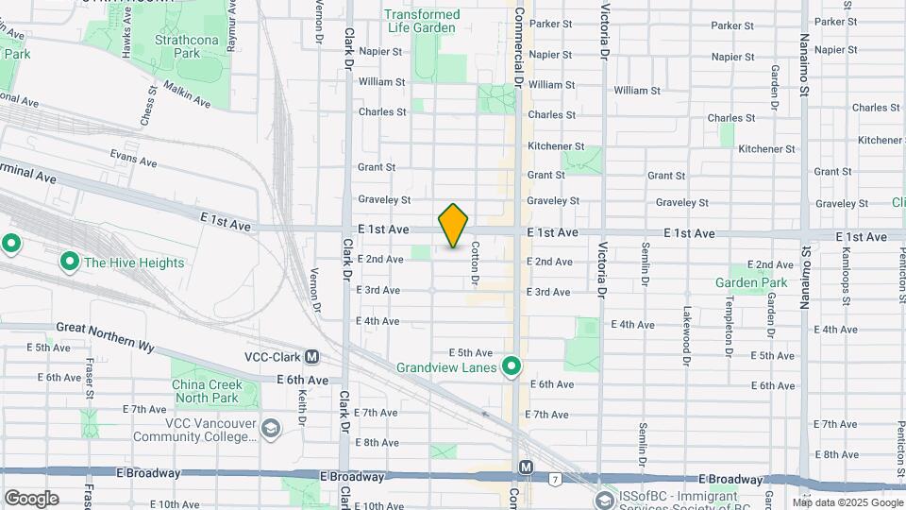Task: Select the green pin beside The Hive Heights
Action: [x=69, y=262]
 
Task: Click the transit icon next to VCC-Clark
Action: [x=311, y=357]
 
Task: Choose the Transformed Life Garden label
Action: [x=422, y=21]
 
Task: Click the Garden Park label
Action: [x=751, y=282]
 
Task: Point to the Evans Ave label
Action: [x=132, y=157]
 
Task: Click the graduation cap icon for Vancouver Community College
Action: [x=272, y=430]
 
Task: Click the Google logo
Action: [x=31, y=499]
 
